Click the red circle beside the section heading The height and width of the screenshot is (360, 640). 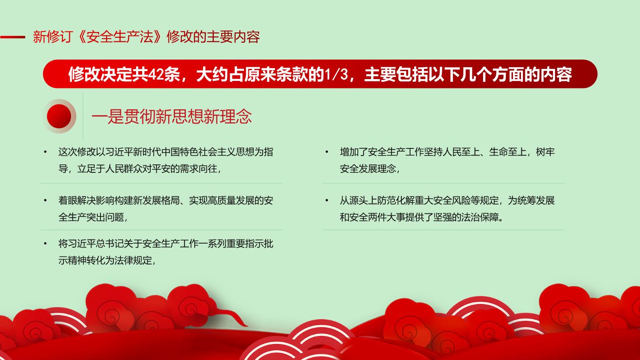click(x=59, y=116)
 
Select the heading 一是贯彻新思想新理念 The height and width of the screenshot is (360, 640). click(x=172, y=116)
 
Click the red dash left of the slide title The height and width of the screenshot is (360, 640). click(x=12, y=37)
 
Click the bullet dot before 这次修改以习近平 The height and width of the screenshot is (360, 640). click(x=45, y=152)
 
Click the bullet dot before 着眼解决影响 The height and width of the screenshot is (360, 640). click(x=45, y=200)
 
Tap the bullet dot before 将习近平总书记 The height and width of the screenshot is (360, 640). click(x=45, y=244)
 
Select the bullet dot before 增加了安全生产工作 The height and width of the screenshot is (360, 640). click(x=327, y=152)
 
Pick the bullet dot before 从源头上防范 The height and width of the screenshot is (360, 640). click(x=327, y=200)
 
